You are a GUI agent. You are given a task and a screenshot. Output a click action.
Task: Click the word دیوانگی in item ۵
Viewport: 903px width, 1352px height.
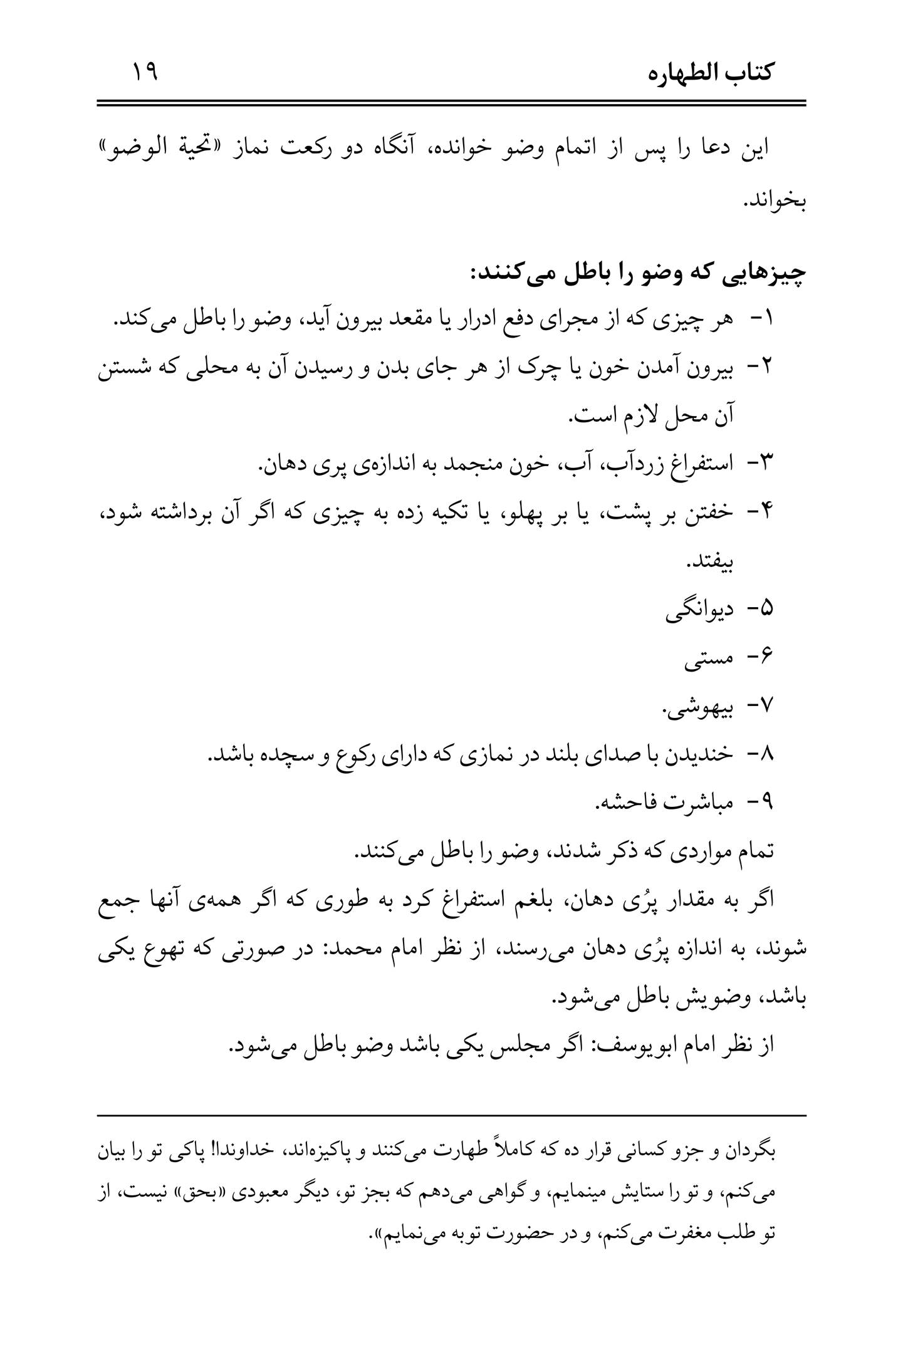point(699,609)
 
